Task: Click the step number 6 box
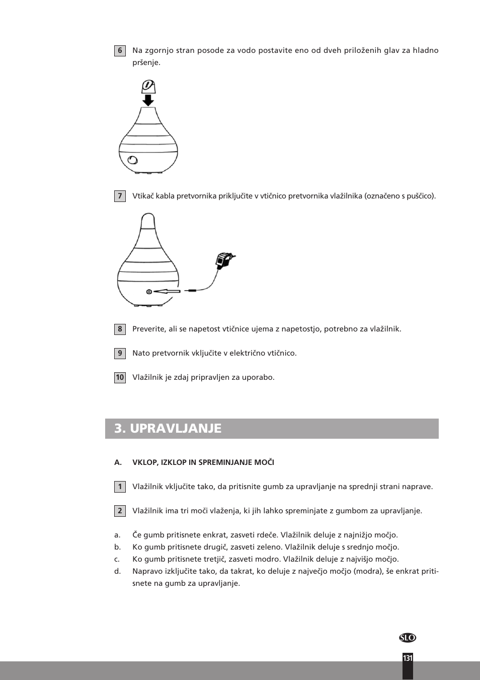pos(120,51)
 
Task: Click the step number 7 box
pos(120,196)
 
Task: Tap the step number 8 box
pos(120,329)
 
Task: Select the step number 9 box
pos(120,354)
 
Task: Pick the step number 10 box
pos(120,378)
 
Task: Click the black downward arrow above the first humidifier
pos(148,100)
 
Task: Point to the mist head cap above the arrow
pos(148,87)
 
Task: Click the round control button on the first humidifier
pos(133,160)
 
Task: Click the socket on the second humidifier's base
pos(149,292)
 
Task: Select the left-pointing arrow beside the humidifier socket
pos(167,291)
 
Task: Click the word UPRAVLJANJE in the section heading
pos(176,429)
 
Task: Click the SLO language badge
pos(408,638)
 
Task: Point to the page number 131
pos(408,658)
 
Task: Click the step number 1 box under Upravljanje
pos(120,487)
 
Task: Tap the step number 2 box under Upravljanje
pos(120,511)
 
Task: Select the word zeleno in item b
pos(269,547)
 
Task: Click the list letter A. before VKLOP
pos(118,462)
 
